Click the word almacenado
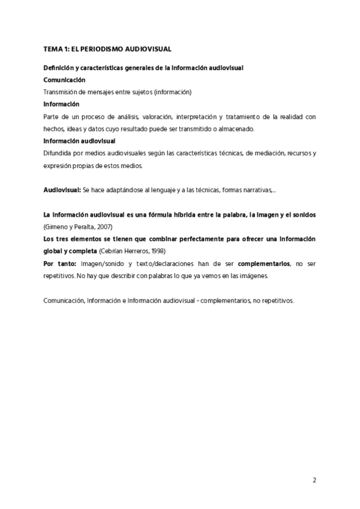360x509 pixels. (238, 128)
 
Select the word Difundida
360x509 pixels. (56, 153)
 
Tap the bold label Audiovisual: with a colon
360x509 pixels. (62, 189)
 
